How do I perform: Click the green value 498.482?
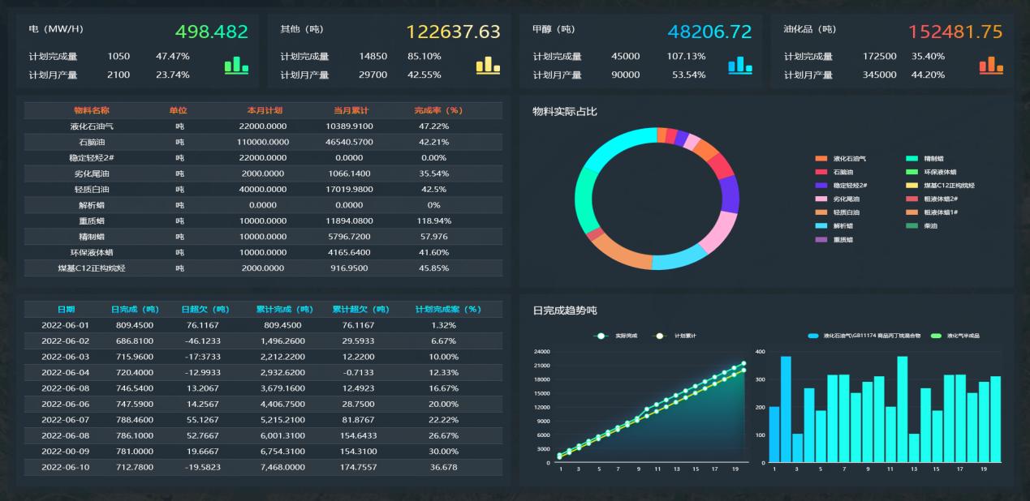coord(212,32)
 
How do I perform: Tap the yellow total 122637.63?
coord(453,32)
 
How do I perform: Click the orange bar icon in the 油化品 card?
coord(991,66)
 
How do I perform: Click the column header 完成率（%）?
coord(437,110)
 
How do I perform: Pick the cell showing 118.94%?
coord(434,221)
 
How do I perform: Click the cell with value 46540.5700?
coord(349,142)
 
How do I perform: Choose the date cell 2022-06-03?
coord(65,357)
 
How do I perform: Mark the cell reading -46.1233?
coord(202,341)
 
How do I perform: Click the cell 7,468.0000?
coord(282,467)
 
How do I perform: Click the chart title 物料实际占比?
coord(564,112)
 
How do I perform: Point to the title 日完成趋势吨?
coord(565,310)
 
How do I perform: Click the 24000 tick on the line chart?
coord(541,352)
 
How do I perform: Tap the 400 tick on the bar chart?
coord(760,352)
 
